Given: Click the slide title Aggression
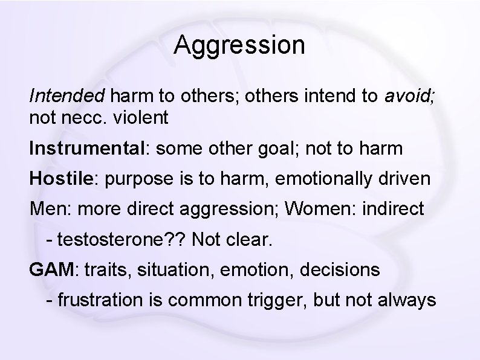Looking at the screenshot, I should tap(239, 46).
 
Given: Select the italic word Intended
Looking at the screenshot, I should tap(67, 95).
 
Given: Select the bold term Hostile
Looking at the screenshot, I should tap(59, 179).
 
